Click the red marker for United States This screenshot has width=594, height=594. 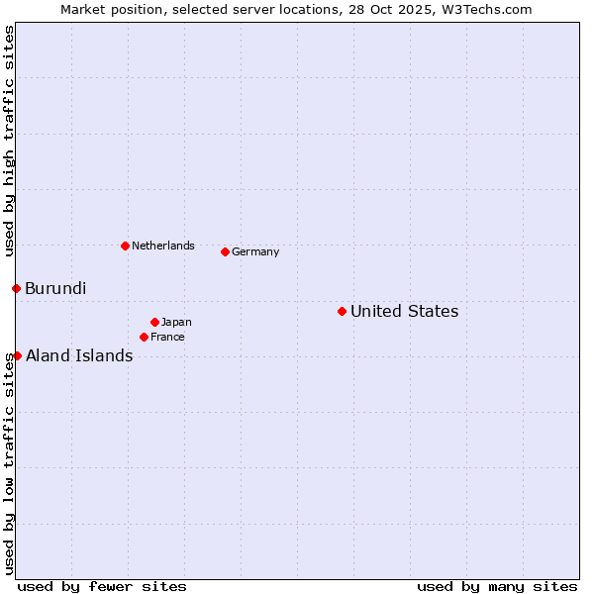(x=342, y=312)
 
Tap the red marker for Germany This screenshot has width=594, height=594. (x=225, y=251)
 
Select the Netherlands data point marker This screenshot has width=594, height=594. (x=125, y=246)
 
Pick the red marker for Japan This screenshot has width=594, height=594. (x=154, y=322)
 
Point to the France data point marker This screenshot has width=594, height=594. (x=144, y=338)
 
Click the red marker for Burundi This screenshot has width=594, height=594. (x=16, y=289)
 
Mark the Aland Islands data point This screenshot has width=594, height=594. (x=17, y=355)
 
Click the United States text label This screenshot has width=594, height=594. (x=404, y=312)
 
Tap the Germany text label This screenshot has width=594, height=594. (x=255, y=252)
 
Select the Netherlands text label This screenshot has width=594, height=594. (x=163, y=247)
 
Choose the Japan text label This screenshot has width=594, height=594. (x=176, y=323)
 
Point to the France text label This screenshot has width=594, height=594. (x=167, y=338)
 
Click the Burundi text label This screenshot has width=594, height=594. (x=55, y=289)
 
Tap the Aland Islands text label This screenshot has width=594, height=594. (x=79, y=356)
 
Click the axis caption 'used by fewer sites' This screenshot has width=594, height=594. (x=102, y=586)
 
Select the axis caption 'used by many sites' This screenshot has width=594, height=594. (x=497, y=586)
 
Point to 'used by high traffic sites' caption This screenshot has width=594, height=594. (x=10, y=141)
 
